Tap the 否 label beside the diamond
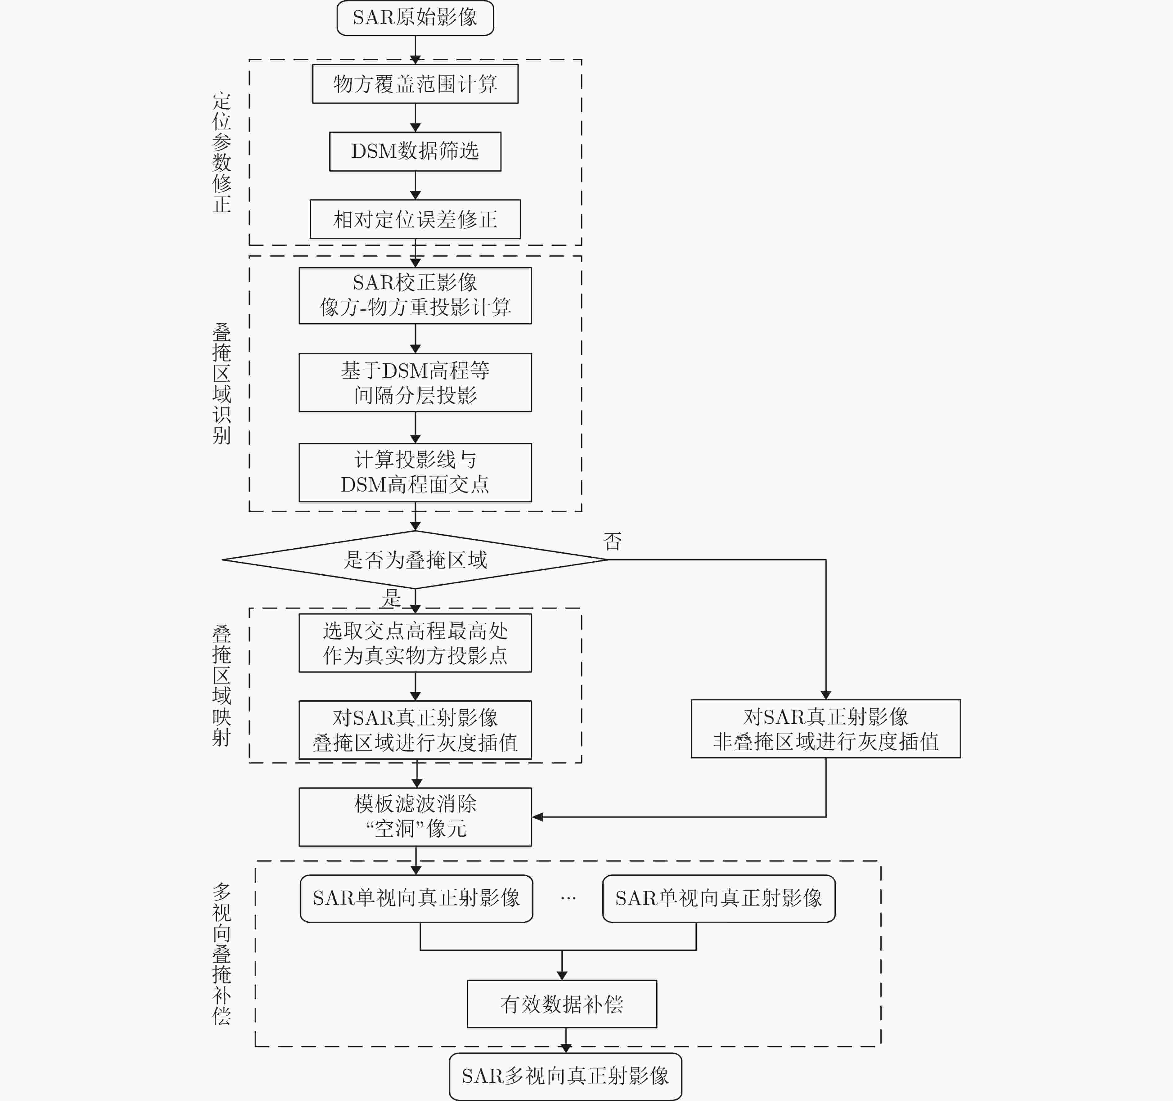click(x=613, y=541)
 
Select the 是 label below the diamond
click(x=391, y=598)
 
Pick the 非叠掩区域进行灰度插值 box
click(x=825, y=729)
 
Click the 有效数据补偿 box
click(x=562, y=1004)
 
